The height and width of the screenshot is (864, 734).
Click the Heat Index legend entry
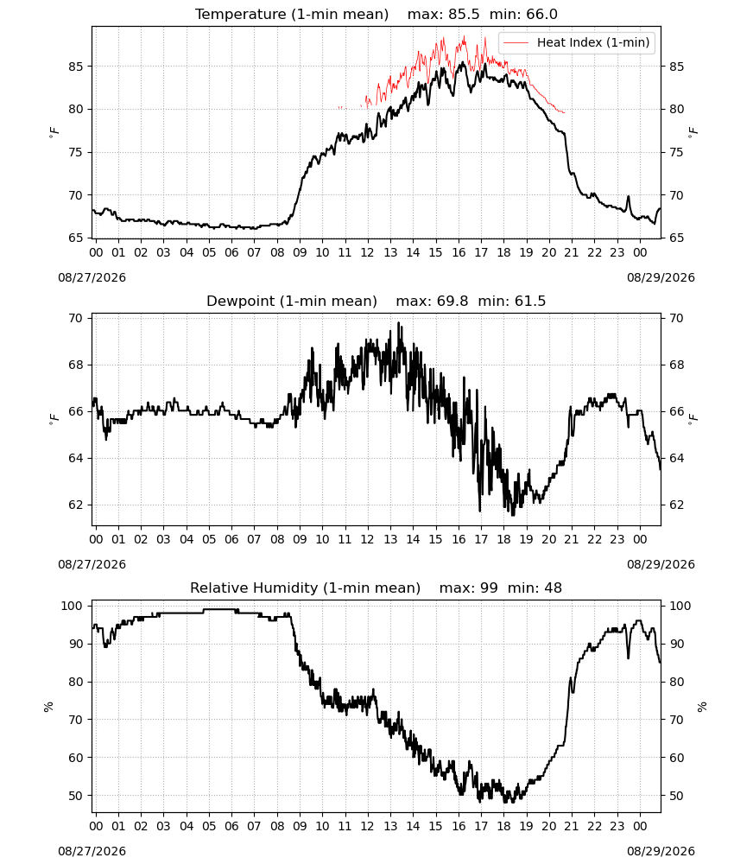tap(577, 42)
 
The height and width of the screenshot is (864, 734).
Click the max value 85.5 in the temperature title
tap(464, 15)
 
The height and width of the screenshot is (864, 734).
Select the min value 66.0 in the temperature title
tap(541, 15)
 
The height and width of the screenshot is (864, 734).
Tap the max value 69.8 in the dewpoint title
tap(452, 302)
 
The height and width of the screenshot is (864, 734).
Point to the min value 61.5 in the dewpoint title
tap(530, 302)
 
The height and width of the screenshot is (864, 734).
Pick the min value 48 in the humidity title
tap(553, 588)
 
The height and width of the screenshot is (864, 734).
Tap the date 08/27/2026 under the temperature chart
tap(92, 277)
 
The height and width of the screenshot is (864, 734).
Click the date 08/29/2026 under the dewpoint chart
tap(661, 565)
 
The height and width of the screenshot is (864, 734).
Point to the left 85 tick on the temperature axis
tap(77, 67)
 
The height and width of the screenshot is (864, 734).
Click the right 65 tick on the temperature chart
tap(676, 238)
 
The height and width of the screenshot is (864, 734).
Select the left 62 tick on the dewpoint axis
tap(77, 505)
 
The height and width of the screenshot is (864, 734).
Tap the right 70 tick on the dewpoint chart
tap(676, 319)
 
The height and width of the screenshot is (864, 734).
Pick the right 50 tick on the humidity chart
tap(676, 797)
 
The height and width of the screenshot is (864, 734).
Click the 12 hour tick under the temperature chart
tap(367, 253)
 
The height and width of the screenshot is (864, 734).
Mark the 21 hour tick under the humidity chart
tap(572, 827)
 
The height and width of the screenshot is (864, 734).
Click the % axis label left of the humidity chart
tap(48, 707)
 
